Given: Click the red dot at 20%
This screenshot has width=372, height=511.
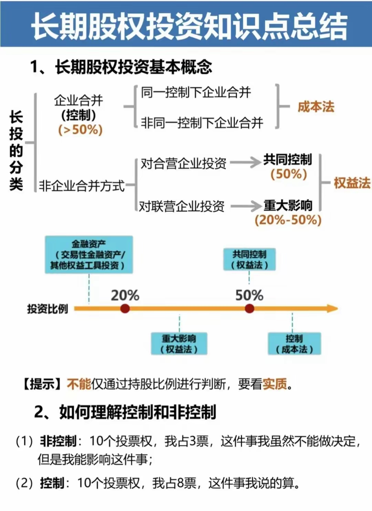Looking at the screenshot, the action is [125, 309].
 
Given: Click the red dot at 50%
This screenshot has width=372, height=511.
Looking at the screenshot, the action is [249, 309].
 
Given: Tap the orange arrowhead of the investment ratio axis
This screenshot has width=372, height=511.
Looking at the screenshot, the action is [332, 309].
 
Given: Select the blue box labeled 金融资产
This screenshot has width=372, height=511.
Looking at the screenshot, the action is [89, 255].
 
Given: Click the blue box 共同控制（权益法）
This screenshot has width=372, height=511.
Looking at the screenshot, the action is [249, 260].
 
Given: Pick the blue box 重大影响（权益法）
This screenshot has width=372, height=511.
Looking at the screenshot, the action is [179, 344].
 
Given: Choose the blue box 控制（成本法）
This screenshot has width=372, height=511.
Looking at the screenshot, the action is [294, 344].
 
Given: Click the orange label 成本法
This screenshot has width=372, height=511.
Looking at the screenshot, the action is [316, 107].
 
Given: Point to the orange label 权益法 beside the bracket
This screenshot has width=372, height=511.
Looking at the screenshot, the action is [352, 183].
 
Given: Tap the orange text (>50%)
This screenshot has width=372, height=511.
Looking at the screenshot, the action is [80, 130].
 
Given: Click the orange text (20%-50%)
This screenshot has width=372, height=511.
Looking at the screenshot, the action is [288, 220].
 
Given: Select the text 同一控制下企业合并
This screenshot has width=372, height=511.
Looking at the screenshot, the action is [196, 92].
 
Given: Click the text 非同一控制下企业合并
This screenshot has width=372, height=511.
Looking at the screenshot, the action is [202, 123].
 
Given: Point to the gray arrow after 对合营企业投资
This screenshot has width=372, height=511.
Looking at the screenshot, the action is [245, 163].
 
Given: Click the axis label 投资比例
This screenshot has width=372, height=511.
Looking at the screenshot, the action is [48, 309].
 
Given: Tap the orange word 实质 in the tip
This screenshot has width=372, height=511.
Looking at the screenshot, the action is [275, 384].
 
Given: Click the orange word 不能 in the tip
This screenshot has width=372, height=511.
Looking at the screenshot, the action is [79, 384].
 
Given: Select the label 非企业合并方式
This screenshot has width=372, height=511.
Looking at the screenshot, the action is [82, 186].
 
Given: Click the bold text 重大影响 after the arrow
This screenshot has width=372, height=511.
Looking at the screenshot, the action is [288, 206].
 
